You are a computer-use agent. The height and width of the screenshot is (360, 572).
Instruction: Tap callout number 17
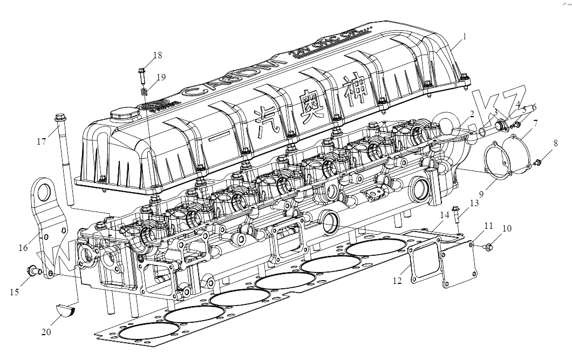[x=41, y=142]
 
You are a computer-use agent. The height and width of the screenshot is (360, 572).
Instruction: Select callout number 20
[x=46, y=332]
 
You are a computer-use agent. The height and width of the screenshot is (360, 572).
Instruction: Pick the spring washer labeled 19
[x=145, y=92]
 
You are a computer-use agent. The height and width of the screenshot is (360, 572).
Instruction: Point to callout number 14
[x=445, y=214]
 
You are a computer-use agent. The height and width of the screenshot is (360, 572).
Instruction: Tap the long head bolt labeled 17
[x=64, y=162]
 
